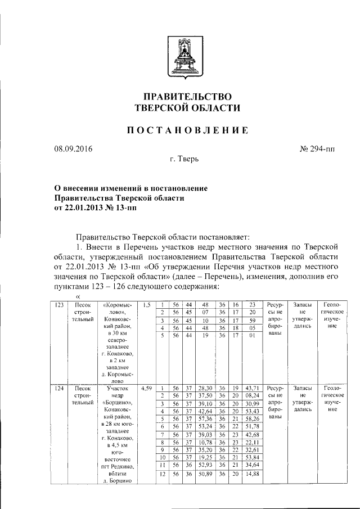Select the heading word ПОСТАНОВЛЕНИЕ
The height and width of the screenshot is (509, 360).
(187, 131)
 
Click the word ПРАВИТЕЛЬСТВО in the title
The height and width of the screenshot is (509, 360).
(187, 96)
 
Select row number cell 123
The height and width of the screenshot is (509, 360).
(58, 304)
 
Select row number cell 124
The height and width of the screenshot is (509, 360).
(58, 388)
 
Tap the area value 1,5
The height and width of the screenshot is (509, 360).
(146, 304)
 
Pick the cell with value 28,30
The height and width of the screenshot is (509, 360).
(205, 388)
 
